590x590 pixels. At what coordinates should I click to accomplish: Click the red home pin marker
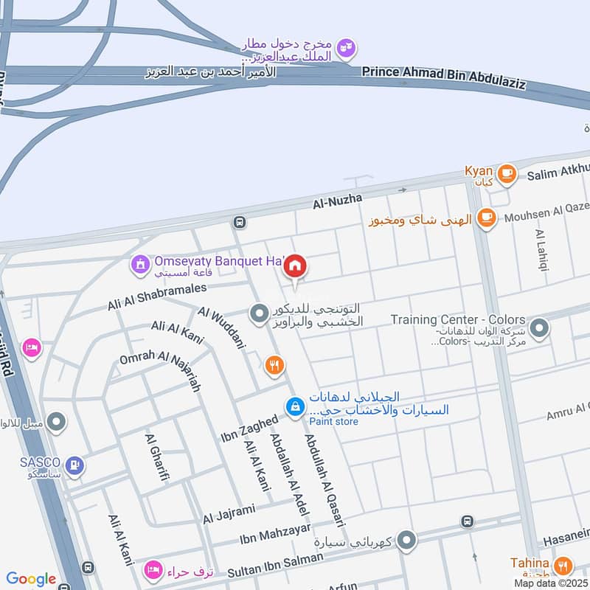click(296, 267)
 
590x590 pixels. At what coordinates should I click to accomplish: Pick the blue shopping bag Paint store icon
click(295, 406)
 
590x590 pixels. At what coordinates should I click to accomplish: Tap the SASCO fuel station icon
click(74, 465)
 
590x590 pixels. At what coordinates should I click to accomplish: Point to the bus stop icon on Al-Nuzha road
click(239, 222)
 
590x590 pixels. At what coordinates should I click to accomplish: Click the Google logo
click(31, 579)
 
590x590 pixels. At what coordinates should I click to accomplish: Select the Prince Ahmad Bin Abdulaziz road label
click(444, 77)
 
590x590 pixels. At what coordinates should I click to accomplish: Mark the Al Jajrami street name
click(229, 514)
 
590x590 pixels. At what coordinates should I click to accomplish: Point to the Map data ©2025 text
click(550, 583)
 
